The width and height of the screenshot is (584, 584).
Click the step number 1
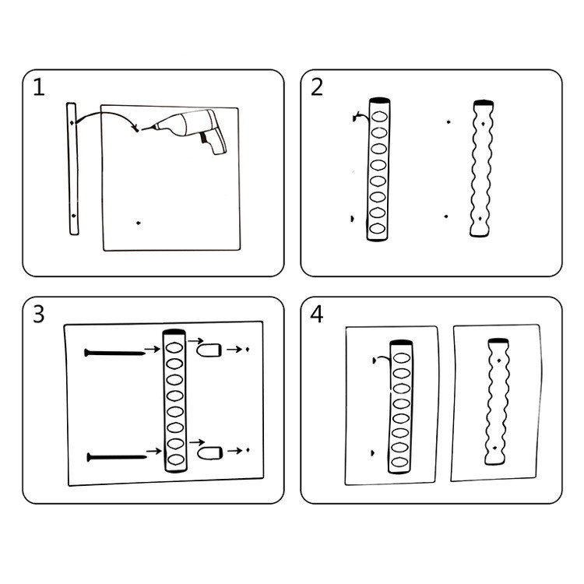39,87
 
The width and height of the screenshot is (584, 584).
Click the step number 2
317,87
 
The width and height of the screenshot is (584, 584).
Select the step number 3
39,314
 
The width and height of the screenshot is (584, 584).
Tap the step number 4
317,314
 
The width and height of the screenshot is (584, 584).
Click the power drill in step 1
186,128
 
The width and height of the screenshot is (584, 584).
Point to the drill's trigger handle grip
215,142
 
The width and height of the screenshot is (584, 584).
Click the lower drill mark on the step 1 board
139,223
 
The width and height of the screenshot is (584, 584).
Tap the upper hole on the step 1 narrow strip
71,122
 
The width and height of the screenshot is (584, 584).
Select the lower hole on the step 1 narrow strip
73,216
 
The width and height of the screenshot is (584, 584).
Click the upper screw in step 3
114,353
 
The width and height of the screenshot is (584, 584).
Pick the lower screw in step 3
117,457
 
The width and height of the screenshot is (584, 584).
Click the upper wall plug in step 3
209,350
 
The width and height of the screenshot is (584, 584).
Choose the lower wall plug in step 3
210,453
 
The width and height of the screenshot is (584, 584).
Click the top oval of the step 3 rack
174,348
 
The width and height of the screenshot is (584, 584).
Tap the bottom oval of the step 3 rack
176,459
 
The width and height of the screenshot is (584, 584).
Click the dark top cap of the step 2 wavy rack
484,103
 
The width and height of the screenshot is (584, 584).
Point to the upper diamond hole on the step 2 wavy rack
483,123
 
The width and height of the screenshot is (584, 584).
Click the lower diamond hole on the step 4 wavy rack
495,448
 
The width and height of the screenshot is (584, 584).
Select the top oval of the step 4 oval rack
402,358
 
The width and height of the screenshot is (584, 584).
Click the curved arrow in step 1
107,114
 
